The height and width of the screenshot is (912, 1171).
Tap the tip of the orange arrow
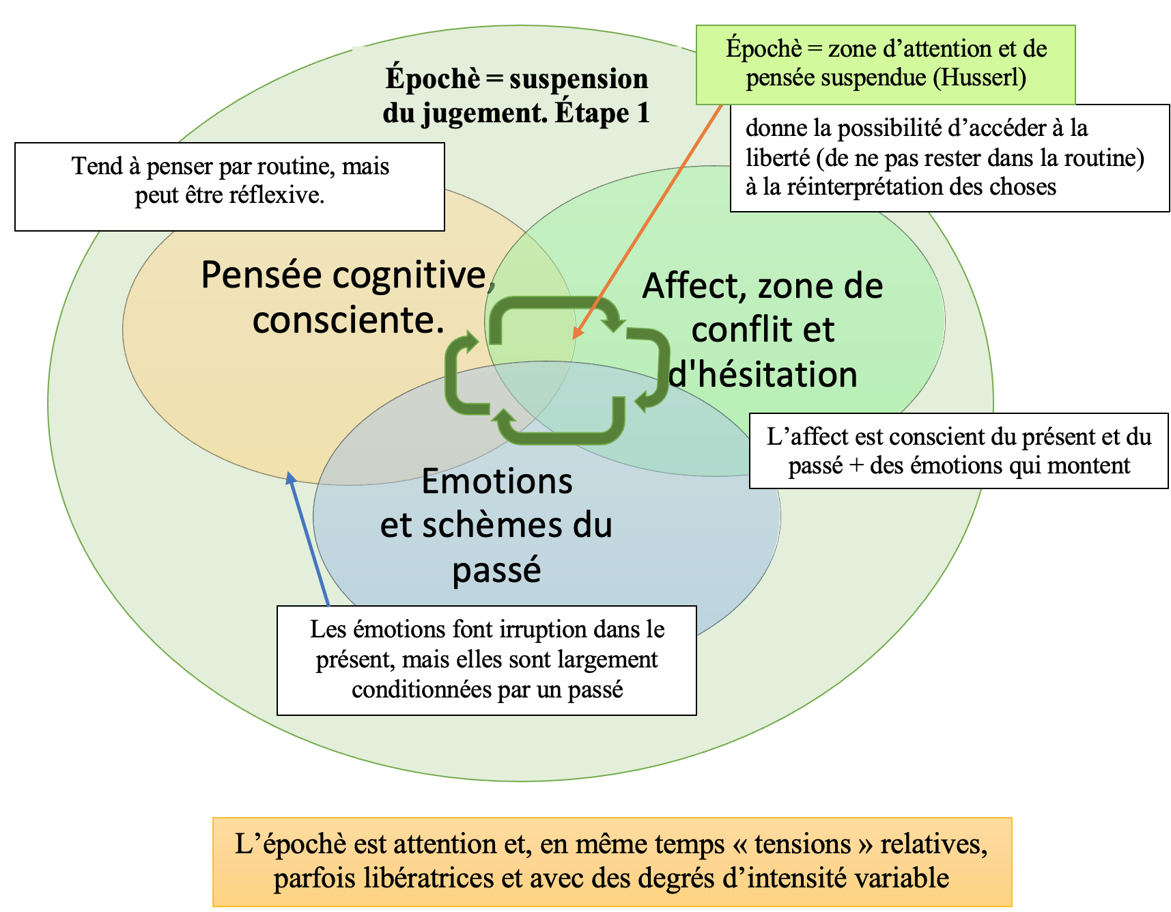tap(573, 339)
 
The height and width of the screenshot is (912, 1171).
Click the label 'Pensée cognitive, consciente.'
tap(348, 297)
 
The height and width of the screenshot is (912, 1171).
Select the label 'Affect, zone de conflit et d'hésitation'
tap(763, 330)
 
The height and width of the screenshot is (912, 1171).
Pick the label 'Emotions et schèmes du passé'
tap(496, 525)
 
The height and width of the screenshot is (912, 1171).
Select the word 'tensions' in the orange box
tap(802, 844)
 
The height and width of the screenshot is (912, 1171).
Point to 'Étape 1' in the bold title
tap(602, 113)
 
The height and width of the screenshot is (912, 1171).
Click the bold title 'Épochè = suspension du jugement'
tap(516, 96)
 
